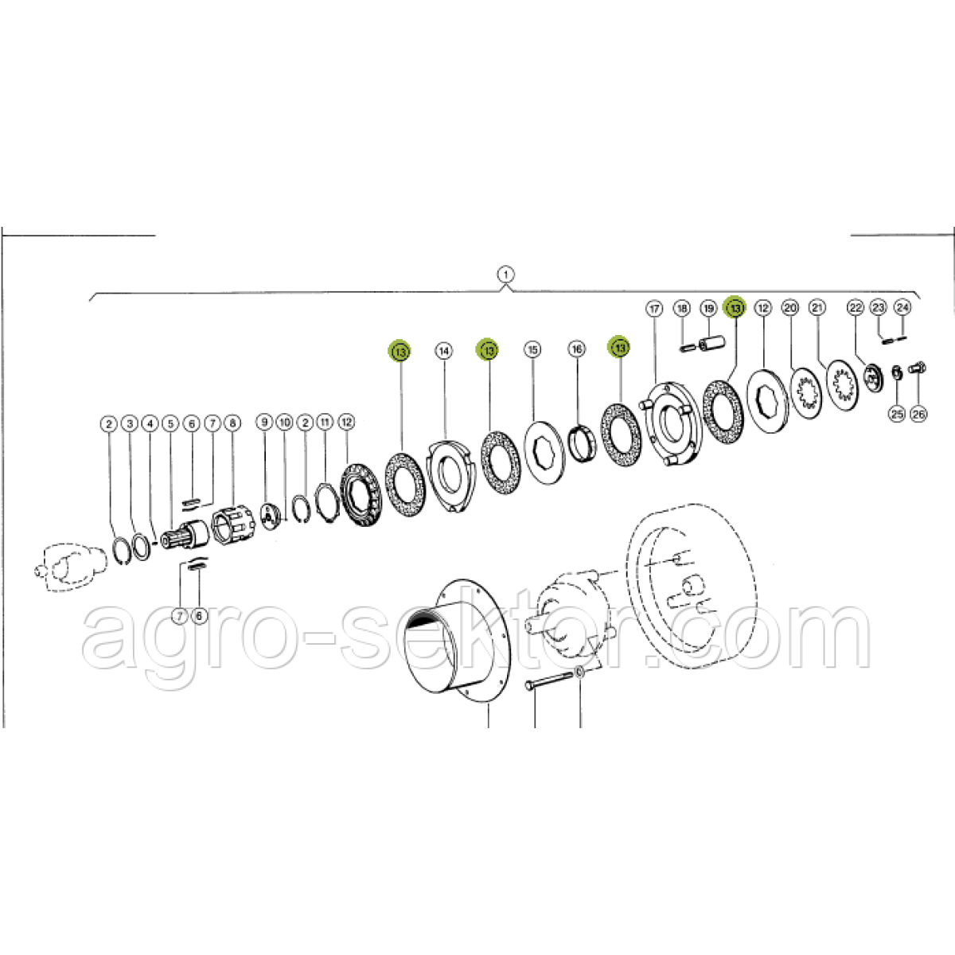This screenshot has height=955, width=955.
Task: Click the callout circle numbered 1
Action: click(505, 274)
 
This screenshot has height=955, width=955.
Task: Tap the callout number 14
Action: click(443, 352)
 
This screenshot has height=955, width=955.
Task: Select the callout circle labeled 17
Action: click(655, 309)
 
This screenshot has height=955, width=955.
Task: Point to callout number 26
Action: click(918, 414)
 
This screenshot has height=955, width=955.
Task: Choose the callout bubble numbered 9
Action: click(264, 422)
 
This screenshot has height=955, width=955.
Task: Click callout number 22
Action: click(856, 308)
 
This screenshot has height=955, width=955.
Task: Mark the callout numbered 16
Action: click(576, 349)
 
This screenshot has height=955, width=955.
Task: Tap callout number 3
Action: click(130, 423)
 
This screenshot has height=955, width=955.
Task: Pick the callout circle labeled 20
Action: click(789, 308)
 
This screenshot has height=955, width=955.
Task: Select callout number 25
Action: click(897, 414)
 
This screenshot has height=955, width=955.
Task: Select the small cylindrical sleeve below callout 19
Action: click(711, 343)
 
